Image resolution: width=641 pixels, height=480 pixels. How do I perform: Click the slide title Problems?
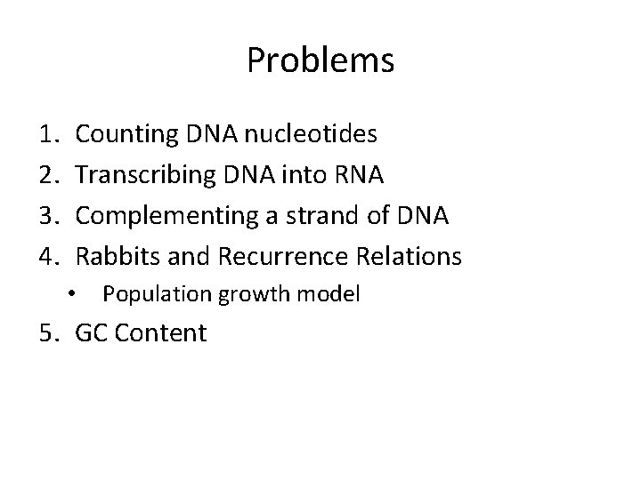pyautogui.click(x=320, y=60)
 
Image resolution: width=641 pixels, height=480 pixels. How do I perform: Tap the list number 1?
pyautogui.click(x=49, y=135)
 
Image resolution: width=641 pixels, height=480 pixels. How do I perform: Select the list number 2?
pyautogui.click(x=49, y=176)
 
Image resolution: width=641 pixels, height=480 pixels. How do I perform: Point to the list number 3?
pyautogui.click(x=49, y=217)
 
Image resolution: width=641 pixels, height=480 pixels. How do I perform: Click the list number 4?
pyautogui.click(x=49, y=258)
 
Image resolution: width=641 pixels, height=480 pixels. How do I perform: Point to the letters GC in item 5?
pyautogui.click(x=92, y=334)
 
